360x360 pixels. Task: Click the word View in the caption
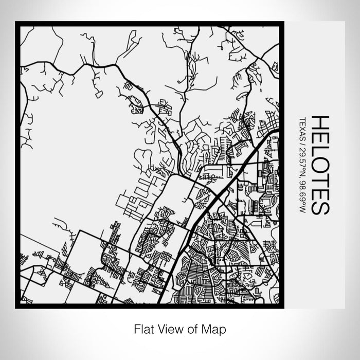pos(170,328)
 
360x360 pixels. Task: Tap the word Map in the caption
pos(215,328)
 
